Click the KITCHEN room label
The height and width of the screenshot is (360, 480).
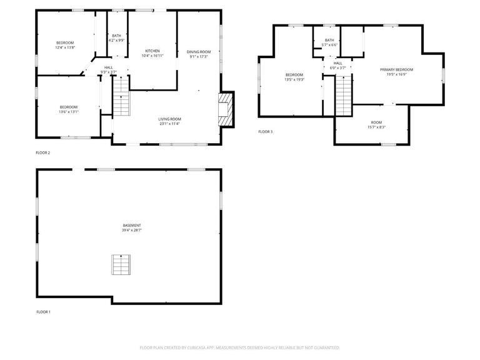click(152, 51)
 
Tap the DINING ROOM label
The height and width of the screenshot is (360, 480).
click(199, 51)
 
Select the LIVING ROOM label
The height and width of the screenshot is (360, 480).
click(169, 119)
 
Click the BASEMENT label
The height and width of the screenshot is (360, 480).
click(132, 225)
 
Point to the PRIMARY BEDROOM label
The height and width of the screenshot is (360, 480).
click(396, 69)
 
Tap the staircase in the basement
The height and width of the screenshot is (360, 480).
click(120, 264)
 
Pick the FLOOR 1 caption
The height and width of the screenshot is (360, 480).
click(43, 311)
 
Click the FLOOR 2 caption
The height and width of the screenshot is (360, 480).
click(43, 152)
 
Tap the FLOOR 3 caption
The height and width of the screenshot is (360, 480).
click(266, 131)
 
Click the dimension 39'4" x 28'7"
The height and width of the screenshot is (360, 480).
click(132, 231)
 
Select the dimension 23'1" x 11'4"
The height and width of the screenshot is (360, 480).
click(169, 124)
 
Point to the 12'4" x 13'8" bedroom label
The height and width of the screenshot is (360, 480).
click(65, 45)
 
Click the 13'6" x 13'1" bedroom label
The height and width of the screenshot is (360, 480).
click(69, 109)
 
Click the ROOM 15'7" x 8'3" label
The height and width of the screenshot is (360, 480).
click(376, 124)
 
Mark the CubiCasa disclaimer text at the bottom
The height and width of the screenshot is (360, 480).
click(239, 347)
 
